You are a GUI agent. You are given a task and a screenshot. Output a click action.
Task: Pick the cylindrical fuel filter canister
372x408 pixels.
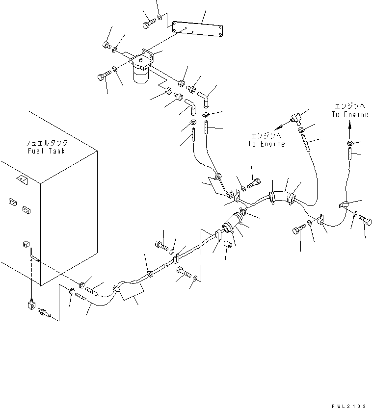141,76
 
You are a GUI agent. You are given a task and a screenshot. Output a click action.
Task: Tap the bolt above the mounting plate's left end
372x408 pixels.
149,23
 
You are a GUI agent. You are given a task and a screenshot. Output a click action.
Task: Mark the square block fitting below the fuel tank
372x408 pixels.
30,307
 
